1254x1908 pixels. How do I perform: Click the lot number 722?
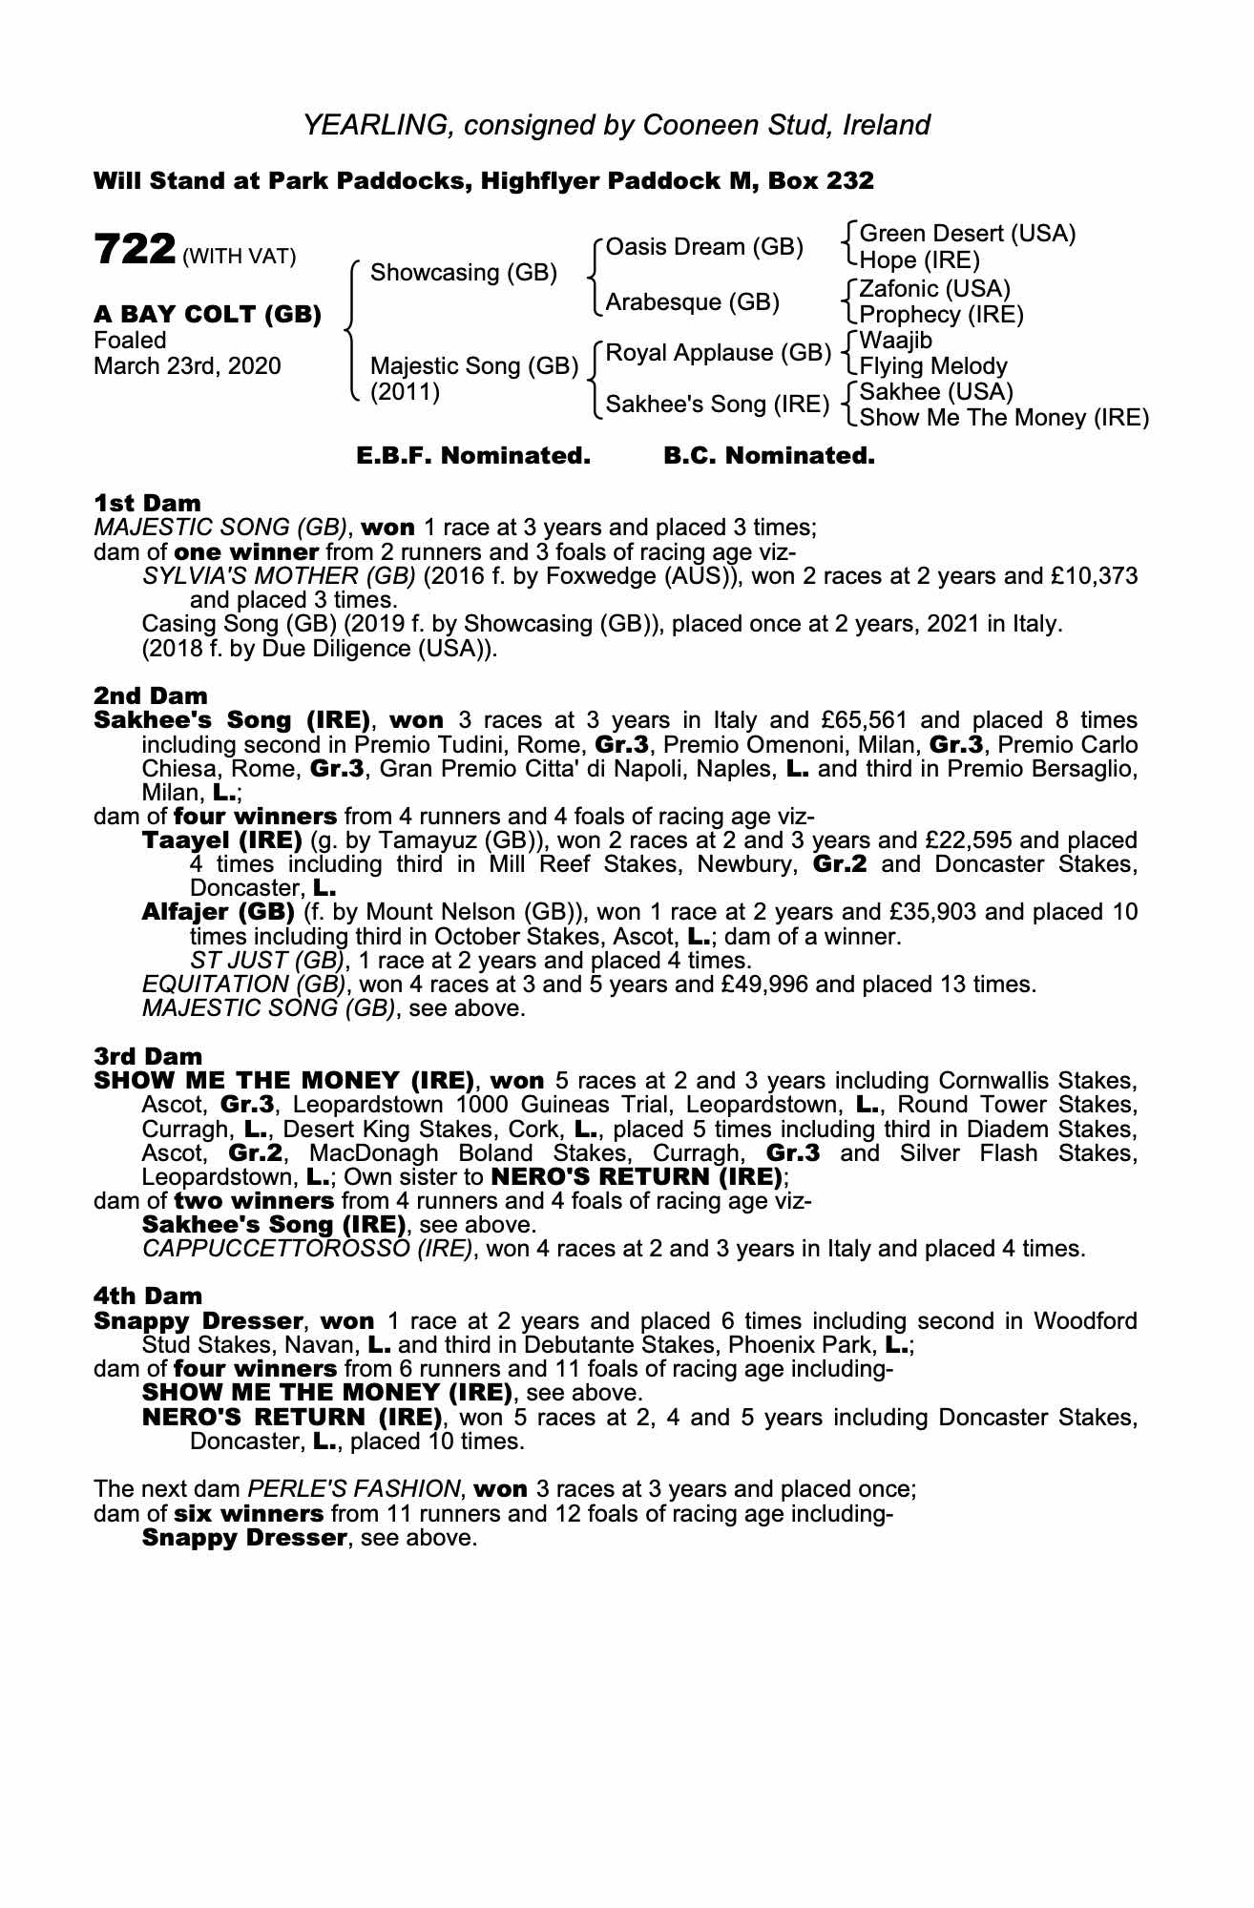click(x=134, y=251)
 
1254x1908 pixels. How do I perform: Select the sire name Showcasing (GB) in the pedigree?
click(x=463, y=273)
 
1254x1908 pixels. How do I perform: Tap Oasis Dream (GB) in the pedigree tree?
click(x=704, y=247)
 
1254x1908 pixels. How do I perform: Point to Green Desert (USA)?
click(x=968, y=234)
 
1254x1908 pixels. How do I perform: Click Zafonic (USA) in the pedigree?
click(x=934, y=288)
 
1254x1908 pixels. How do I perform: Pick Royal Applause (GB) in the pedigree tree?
click(x=719, y=353)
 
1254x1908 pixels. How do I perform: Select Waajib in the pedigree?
click(x=896, y=341)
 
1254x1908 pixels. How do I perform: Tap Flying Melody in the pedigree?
click(x=933, y=366)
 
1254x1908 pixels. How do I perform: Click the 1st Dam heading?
click(x=147, y=503)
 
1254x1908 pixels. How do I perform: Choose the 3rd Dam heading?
click(x=148, y=1056)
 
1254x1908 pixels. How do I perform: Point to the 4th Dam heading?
click(x=148, y=1296)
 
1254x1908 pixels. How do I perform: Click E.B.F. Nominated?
click(x=473, y=456)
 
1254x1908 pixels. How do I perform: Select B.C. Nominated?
click(x=768, y=456)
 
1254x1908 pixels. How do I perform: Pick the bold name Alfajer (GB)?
click(x=218, y=912)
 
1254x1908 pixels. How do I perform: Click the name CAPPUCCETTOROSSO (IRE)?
click(x=307, y=1249)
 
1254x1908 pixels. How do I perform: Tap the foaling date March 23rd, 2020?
click(x=187, y=366)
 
